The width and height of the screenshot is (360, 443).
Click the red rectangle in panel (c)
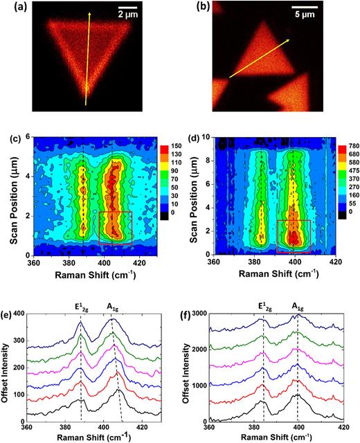pos(115,228)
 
